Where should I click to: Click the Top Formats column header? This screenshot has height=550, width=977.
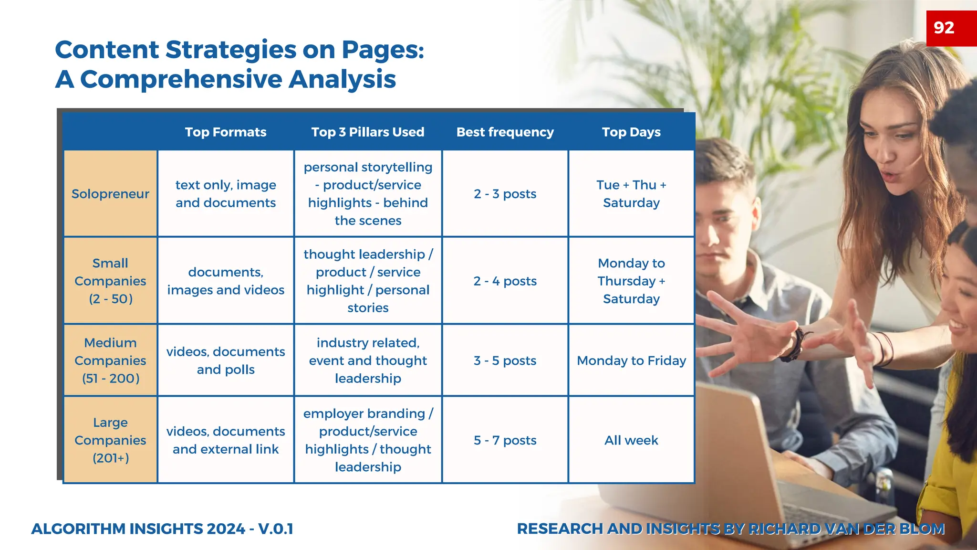[226, 132]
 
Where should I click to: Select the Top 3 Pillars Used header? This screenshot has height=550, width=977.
[368, 132]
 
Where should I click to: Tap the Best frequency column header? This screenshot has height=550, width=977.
[505, 132]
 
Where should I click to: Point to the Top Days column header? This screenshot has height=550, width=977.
[631, 132]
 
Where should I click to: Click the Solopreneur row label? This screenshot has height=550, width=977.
[110, 194]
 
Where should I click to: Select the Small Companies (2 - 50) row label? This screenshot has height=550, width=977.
[110, 281]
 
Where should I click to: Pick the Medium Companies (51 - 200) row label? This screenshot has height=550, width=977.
[110, 360]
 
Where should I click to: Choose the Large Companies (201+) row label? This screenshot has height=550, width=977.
[110, 440]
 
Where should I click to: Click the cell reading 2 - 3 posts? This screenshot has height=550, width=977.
[505, 194]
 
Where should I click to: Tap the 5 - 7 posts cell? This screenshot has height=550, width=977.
[505, 440]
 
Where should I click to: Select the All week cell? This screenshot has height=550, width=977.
[631, 440]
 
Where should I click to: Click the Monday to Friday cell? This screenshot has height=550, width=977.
[631, 360]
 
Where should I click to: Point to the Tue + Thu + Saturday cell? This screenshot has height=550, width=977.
[631, 194]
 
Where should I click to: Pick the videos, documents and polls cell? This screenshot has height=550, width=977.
[226, 360]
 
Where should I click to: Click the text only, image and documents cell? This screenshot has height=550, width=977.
[226, 194]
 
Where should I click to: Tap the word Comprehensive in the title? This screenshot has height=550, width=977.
[181, 79]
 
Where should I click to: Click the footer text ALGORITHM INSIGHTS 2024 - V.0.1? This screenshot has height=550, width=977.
[162, 529]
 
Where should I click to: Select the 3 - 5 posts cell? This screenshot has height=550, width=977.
[505, 360]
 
